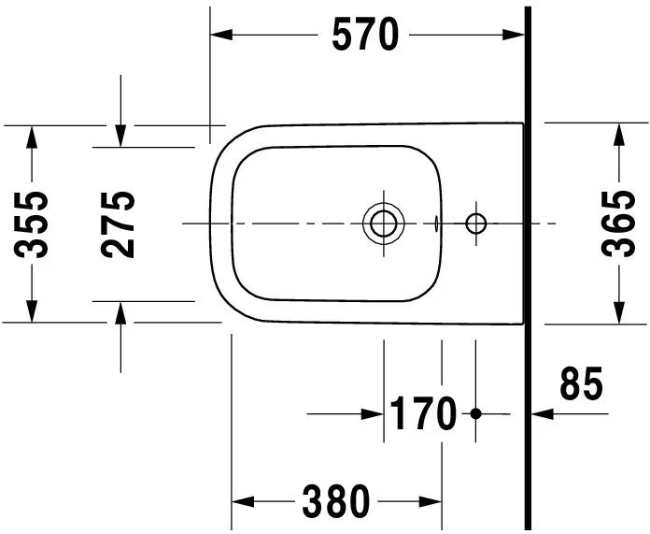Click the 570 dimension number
point(365,36)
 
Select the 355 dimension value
point(35,224)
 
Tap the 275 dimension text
point(119,224)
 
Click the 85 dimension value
point(581,384)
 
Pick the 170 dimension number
point(423,413)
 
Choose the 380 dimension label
point(336,502)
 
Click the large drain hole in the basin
point(383,223)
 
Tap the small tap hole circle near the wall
point(476,223)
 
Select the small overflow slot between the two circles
point(437,224)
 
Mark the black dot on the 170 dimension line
point(475,412)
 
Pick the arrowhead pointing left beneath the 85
point(540,412)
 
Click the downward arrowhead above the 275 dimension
point(120,136)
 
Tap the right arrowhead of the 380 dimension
point(431,502)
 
